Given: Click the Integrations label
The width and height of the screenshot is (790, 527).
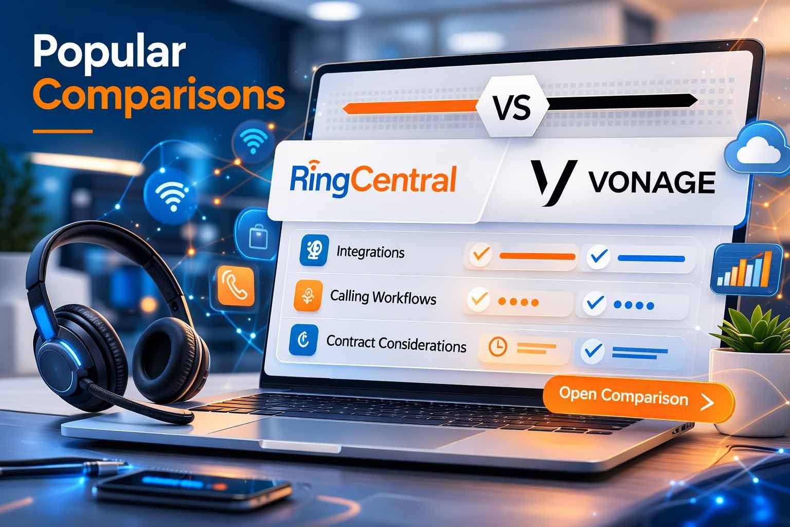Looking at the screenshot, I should point(370,253).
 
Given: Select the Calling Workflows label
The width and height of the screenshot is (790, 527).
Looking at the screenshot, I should point(383,297).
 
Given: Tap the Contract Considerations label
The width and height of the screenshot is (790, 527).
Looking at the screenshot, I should point(396,343).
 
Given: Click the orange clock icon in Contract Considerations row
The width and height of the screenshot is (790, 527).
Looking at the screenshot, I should point(497,347).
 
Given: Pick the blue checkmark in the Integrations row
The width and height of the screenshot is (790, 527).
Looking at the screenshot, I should point(598,256).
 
